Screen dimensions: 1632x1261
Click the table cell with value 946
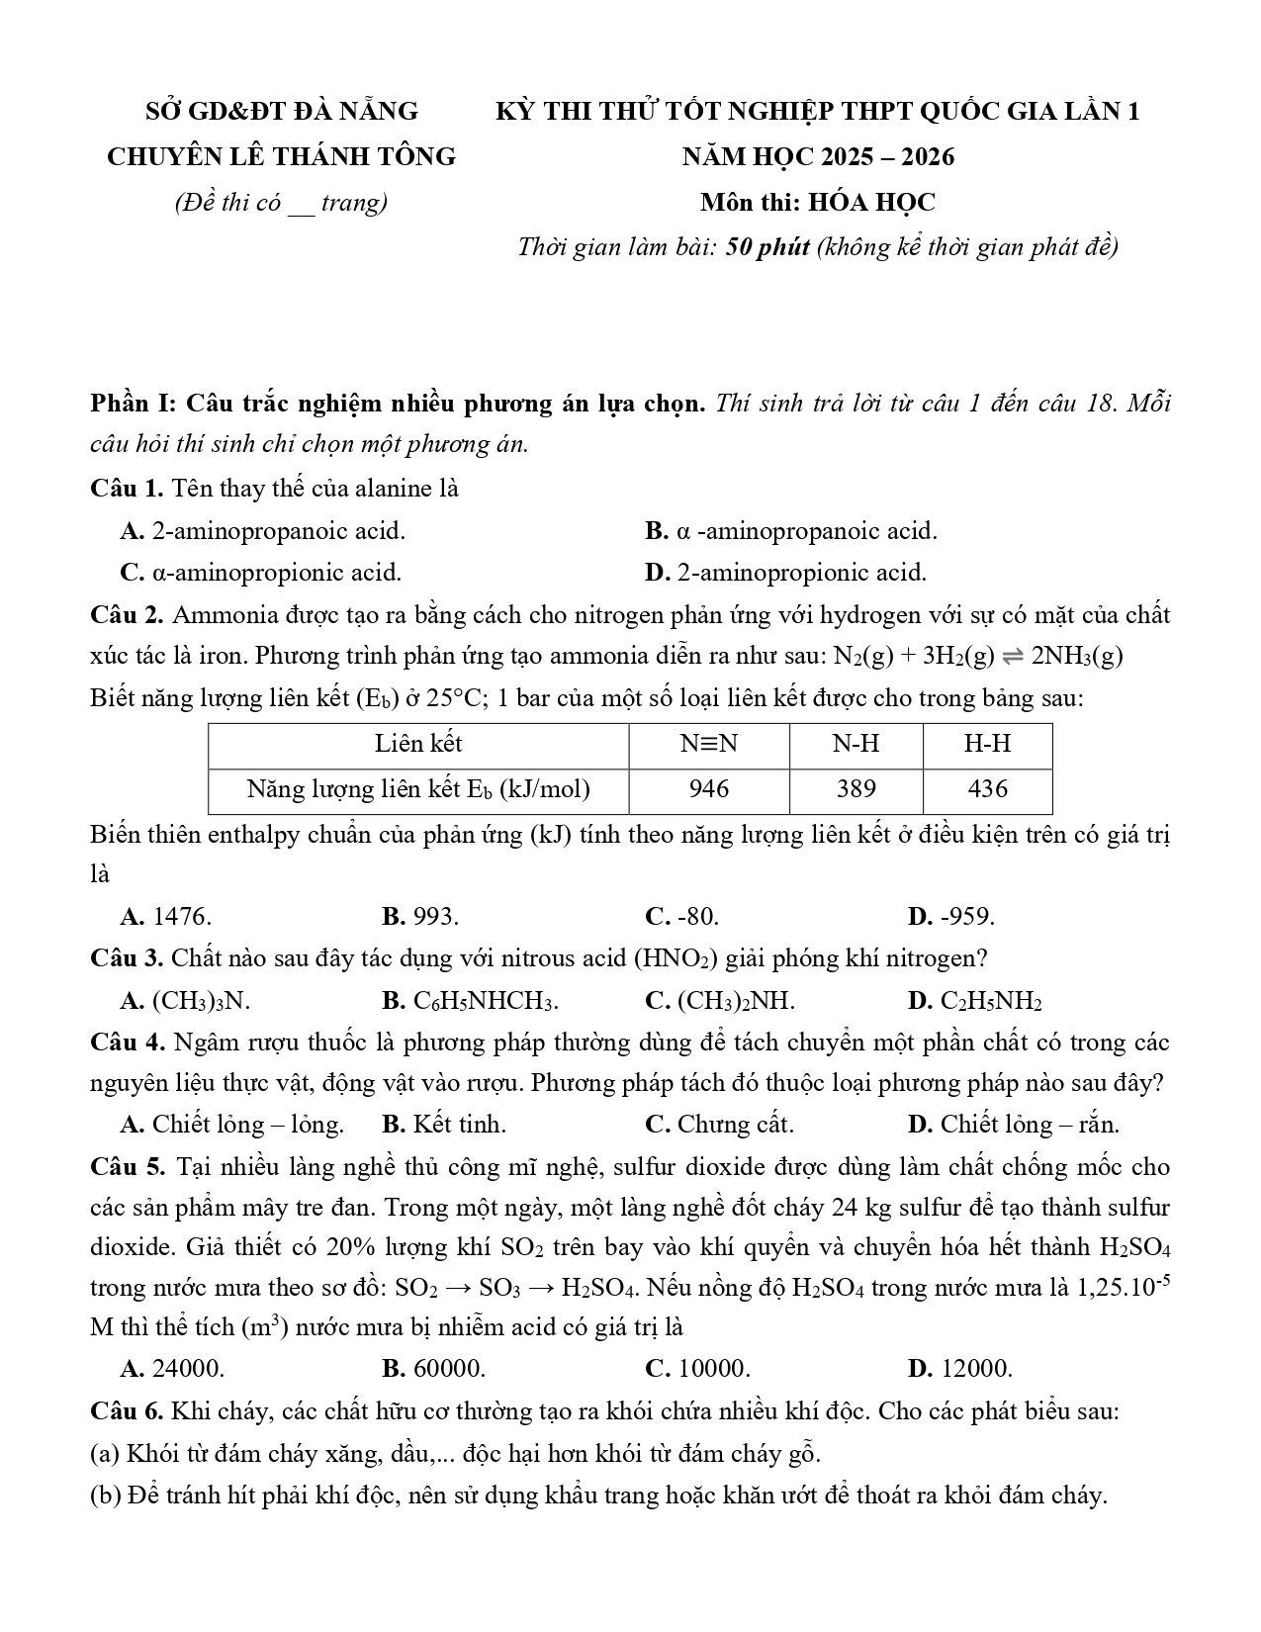pos(709,789)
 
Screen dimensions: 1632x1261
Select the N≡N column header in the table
pos(709,744)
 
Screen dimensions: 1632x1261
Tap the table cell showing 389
pos(856,789)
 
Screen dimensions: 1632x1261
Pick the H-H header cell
pos(987,744)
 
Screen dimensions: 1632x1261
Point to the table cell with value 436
pos(987,789)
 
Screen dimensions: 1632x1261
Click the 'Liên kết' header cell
pos(418,744)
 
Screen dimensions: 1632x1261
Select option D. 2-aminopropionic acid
pos(785,573)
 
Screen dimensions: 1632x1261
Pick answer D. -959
pos(950,917)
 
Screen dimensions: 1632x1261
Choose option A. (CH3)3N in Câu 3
pos(185,1001)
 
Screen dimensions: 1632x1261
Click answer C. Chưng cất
pos(719,1125)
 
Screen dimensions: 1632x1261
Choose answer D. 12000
pos(959,1369)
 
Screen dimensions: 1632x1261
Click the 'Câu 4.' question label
pos(127,1043)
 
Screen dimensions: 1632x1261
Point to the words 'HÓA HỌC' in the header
pos(871,203)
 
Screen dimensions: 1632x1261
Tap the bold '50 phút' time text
pos(767,246)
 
